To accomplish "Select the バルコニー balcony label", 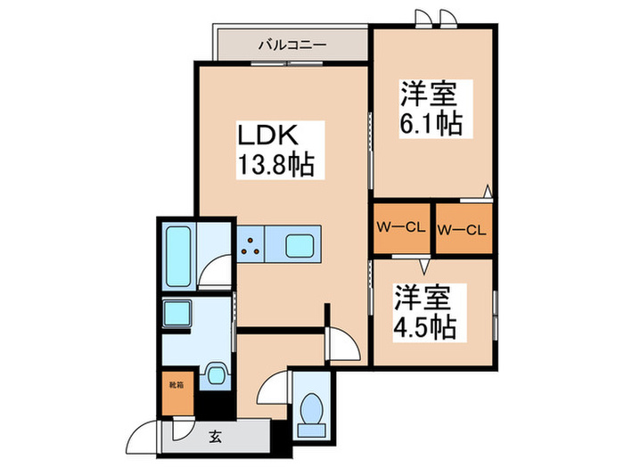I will pyautogui.click(x=292, y=43).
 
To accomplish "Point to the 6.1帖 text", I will pyautogui.click(x=431, y=122).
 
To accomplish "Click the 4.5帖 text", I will pyautogui.click(x=424, y=326).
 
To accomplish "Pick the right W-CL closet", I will pyautogui.click(x=462, y=230).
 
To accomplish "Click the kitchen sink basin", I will pyautogui.click(x=299, y=245).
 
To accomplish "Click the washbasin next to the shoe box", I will pyautogui.click(x=214, y=375).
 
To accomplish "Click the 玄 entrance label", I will pyautogui.click(x=217, y=436).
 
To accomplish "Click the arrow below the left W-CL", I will pyautogui.click(x=425, y=265).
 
